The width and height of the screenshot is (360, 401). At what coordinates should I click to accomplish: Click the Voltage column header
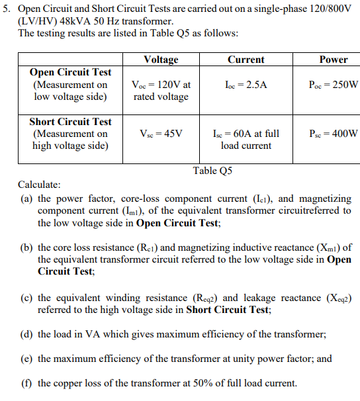(161, 60)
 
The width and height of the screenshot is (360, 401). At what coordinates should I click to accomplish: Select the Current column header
(246, 60)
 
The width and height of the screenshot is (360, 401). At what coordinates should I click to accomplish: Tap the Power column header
(333, 60)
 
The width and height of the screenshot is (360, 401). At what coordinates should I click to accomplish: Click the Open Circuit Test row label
(71, 73)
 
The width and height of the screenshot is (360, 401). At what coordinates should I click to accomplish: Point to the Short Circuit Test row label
(71, 122)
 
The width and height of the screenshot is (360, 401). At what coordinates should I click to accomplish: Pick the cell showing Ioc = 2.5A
(246, 85)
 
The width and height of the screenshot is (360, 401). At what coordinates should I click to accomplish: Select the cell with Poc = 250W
(333, 85)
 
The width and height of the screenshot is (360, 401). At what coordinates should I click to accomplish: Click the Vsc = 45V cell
(161, 134)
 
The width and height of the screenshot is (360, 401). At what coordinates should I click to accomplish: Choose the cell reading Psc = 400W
(333, 134)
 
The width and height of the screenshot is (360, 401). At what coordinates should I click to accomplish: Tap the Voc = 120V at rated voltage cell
(161, 91)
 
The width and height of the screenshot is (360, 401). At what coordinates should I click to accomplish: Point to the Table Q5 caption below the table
(212, 171)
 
